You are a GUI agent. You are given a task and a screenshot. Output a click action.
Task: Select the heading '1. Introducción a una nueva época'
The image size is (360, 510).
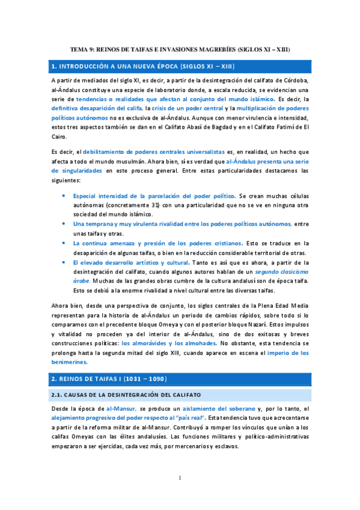click(142, 66)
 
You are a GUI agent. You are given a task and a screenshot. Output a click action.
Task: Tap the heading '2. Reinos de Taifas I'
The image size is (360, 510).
click(109, 379)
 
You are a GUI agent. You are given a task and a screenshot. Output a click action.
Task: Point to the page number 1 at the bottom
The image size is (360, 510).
click(180, 478)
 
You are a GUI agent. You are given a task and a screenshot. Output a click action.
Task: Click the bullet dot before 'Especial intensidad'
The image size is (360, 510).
click(65, 197)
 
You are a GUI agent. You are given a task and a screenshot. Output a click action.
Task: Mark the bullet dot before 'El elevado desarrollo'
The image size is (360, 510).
click(65, 263)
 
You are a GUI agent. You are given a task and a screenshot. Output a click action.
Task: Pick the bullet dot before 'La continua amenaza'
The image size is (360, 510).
click(65, 244)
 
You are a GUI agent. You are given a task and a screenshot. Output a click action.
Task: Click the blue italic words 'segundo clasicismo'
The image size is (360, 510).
click(281, 272)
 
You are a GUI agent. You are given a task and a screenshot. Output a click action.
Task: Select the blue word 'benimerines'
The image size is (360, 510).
click(69, 362)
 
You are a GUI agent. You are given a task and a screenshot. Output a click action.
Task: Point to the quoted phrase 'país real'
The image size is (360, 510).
click(188, 419)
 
